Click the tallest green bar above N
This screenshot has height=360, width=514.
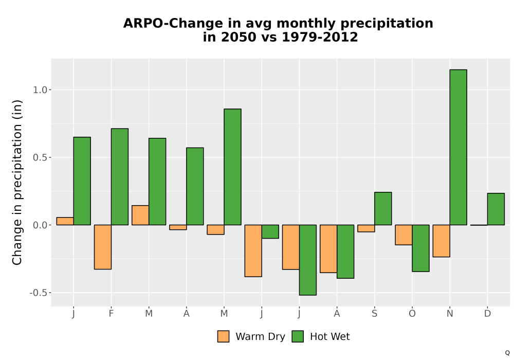point(458,147)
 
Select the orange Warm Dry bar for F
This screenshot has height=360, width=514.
point(103,247)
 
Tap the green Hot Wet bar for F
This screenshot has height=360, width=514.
point(120,177)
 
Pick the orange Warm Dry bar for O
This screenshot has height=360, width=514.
point(403,235)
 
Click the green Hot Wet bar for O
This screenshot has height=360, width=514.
point(420,248)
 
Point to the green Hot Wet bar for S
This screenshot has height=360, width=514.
point(383,208)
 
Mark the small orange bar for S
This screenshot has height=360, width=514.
point(366,228)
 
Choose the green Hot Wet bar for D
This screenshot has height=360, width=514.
point(495,209)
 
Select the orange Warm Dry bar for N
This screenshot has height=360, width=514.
point(441,241)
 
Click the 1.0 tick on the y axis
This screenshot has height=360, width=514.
point(40,90)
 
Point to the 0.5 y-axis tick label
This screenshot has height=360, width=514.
point(40,157)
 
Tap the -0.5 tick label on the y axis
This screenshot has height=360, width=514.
point(39,293)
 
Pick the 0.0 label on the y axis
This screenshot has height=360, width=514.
point(40,225)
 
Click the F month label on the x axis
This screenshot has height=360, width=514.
point(111,314)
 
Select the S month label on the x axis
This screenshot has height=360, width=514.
point(374,314)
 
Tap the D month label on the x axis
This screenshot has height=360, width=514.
point(487,314)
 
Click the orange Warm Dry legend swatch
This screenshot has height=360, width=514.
point(223,336)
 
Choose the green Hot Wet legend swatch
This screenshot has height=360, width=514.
point(298,336)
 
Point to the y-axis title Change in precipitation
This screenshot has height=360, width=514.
point(17,182)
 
